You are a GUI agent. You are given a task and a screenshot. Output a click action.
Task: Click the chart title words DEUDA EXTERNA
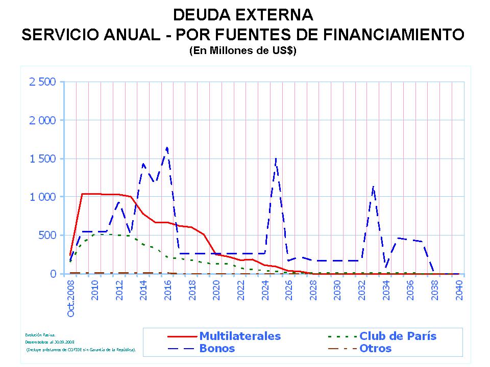(x=242, y=14)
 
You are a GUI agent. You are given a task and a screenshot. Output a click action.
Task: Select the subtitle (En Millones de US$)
(x=242, y=51)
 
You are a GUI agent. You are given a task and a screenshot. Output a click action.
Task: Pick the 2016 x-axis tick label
(x=168, y=290)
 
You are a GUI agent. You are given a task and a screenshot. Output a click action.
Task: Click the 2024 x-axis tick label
(x=265, y=290)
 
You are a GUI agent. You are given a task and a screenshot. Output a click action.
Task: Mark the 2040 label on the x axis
(x=459, y=290)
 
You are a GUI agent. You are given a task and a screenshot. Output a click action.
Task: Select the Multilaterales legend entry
(x=240, y=336)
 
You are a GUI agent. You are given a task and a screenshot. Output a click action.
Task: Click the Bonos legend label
(x=217, y=349)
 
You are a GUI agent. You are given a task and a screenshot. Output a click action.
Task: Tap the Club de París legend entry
(x=398, y=336)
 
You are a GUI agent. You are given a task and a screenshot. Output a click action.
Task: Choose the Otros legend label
(x=375, y=349)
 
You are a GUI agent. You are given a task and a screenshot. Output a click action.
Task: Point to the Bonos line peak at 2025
(x=276, y=159)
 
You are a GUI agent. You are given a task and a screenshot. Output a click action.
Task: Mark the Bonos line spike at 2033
(x=374, y=187)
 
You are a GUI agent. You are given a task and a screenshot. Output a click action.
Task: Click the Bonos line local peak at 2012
(x=119, y=202)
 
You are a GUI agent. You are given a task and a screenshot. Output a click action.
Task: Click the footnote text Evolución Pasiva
(x=35, y=334)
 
